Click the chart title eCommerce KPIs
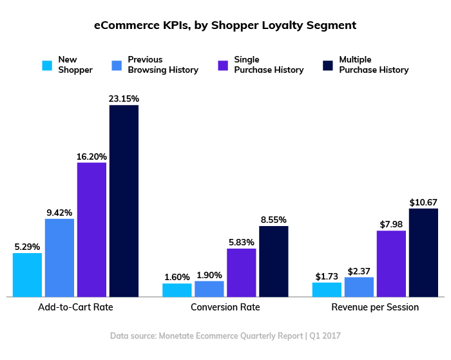(225, 26)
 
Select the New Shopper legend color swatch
(47, 65)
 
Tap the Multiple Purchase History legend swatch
(327, 65)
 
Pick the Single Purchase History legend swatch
(223, 65)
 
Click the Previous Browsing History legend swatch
(117, 65)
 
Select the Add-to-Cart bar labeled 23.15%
(124, 200)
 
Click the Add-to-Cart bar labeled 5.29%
(27, 274)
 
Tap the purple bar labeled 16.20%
(91, 229)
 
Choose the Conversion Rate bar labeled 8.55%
(273, 261)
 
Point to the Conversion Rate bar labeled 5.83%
(241, 272)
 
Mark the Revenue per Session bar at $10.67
(423, 252)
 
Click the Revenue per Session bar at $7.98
(391, 263)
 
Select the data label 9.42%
(59, 212)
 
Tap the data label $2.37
(359, 270)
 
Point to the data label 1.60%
(177, 277)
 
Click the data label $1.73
(327, 276)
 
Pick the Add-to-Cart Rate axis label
(75, 307)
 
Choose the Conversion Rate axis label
(225, 307)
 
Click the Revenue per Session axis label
(375, 307)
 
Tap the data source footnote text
(225, 336)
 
